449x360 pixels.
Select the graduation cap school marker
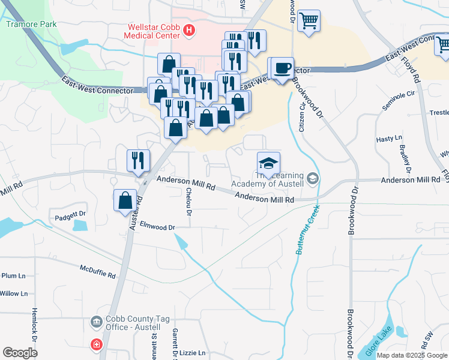coord(268,163)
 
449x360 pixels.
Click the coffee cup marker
coord(283,68)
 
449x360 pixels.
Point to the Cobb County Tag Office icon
coord(96,323)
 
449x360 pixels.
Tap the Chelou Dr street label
coord(188,202)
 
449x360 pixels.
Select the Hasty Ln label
coord(388,139)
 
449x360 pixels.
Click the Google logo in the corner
coord(20,353)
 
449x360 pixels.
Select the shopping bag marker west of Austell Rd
coord(125,200)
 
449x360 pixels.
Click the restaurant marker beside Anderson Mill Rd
coord(138,160)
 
